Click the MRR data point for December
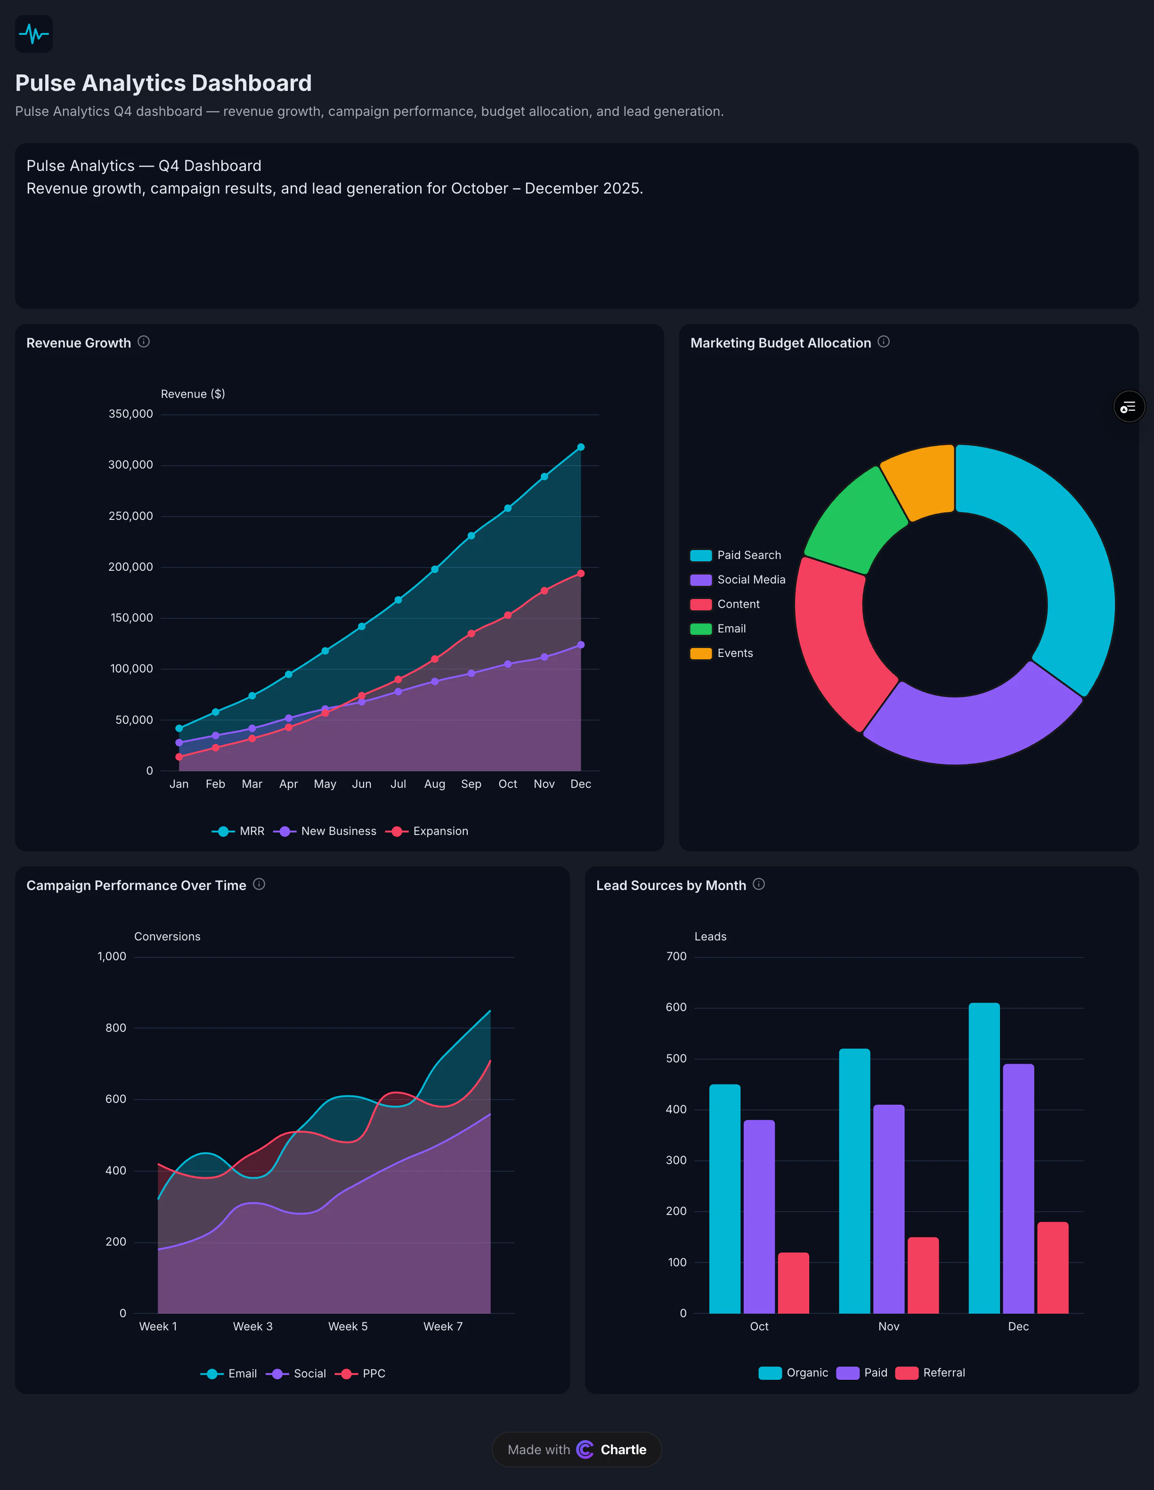pyautogui.click(x=581, y=447)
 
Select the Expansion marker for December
pyautogui.click(x=581, y=574)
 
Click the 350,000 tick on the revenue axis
pyautogui.click(x=130, y=414)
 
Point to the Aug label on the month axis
pyautogui.click(x=435, y=784)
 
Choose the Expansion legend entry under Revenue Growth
pyautogui.click(x=427, y=831)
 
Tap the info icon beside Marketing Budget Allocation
pyautogui.click(x=884, y=342)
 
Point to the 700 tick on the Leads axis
pyautogui.click(x=676, y=956)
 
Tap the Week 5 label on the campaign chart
pyautogui.click(x=348, y=1326)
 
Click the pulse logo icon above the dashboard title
pyautogui.click(x=34, y=34)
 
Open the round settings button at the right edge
pyautogui.click(x=1129, y=406)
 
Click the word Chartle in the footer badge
pyautogui.click(x=623, y=1450)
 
